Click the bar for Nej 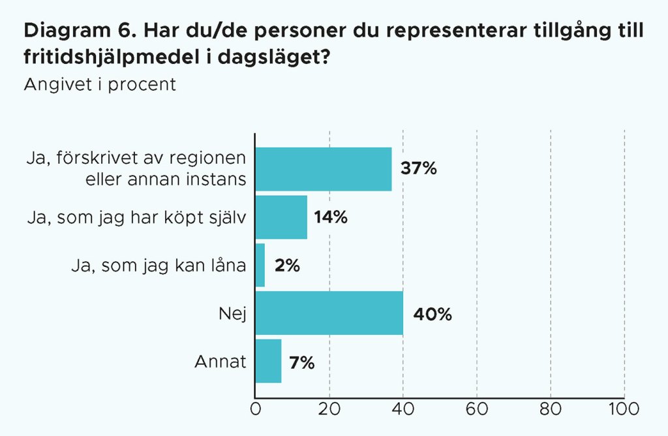pos(329,313)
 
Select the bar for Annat pos(268,361)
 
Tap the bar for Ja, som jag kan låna pos(260,265)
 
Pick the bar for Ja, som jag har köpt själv pos(281,217)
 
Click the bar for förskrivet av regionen pos(324,169)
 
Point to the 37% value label pos(418,168)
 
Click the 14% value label pos(330,217)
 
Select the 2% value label pos(287,266)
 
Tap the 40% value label pos(432,314)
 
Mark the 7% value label pos(302,362)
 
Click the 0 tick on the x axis pos(255,410)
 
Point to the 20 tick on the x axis pos(329,410)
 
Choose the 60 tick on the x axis pos(477,410)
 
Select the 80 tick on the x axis pos(551,410)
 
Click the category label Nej pos(232,313)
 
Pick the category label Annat pos(220,362)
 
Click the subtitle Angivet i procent pos(100,85)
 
